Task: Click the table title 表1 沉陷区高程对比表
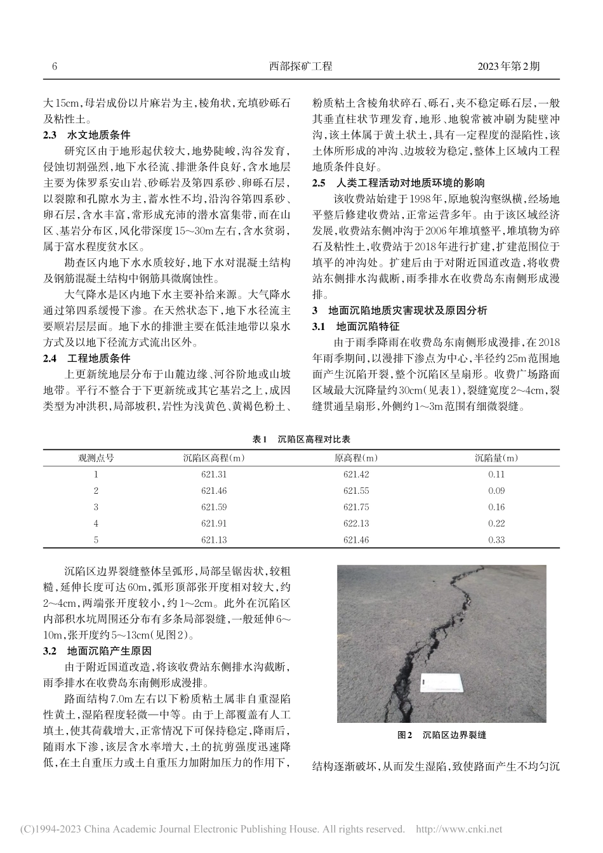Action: [x=301, y=439]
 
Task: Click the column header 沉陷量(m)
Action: [x=496, y=457]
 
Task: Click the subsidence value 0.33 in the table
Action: [x=496, y=539]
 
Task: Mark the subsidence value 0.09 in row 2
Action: [x=496, y=491]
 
